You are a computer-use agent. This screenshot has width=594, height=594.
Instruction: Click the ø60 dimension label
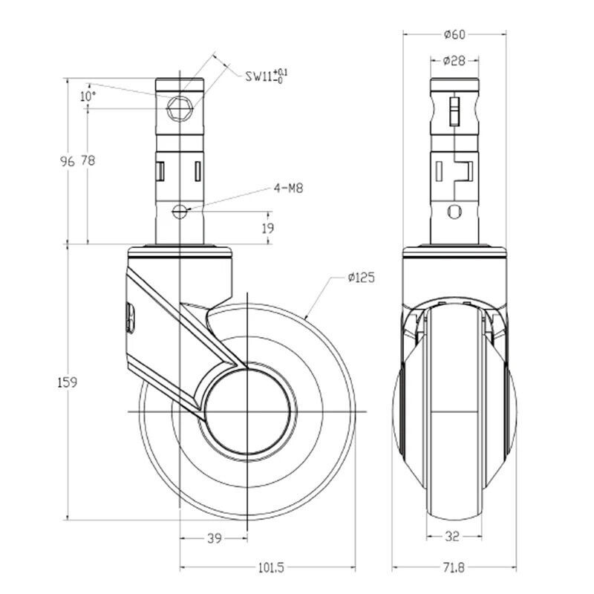454,34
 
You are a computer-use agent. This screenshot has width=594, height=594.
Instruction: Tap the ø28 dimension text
454,60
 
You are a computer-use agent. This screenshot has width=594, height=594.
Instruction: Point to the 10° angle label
88,97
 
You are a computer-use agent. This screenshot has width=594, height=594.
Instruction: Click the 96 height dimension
68,161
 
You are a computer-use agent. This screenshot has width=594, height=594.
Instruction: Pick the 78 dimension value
88,160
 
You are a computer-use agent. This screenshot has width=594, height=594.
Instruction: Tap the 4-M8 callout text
289,188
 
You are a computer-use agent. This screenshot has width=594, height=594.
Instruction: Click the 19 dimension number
268,228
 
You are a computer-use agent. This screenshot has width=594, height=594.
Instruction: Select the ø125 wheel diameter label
362,278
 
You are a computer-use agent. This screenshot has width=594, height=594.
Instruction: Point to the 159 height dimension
67,382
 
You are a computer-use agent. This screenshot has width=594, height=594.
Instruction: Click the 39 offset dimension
215,538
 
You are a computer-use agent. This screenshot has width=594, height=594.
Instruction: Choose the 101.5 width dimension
271,567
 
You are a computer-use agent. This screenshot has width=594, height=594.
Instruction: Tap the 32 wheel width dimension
452,536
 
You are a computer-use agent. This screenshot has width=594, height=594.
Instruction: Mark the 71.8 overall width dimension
454,567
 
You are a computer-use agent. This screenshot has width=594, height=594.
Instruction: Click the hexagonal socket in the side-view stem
180,109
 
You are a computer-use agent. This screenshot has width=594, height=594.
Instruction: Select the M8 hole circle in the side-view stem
180,212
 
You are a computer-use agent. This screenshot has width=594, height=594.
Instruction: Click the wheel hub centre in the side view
247,412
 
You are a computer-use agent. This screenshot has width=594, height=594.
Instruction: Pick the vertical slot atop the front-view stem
454,111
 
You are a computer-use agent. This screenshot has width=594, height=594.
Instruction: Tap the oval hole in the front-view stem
454,212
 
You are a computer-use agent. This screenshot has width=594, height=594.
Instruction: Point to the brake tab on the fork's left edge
131,318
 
